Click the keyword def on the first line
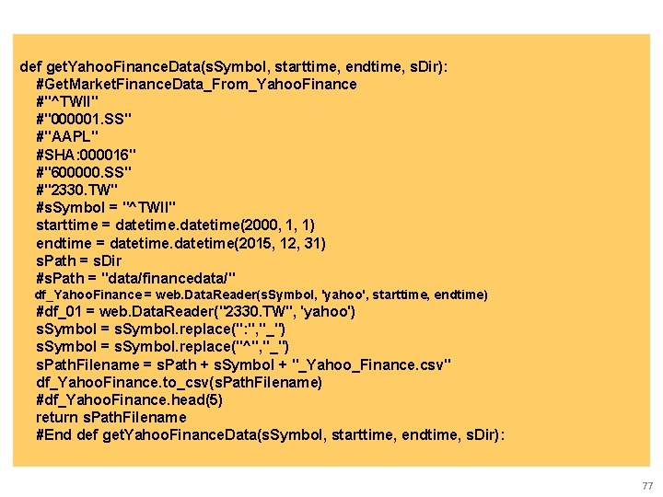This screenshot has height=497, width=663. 30,67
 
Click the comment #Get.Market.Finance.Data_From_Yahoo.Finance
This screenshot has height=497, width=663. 196,85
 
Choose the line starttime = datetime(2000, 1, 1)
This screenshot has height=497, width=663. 175,225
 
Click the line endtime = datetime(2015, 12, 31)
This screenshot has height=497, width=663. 180,243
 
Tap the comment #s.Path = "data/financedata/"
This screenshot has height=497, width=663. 136,278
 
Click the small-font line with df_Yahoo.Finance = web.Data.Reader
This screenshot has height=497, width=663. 261,295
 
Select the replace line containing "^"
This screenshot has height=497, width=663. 163,347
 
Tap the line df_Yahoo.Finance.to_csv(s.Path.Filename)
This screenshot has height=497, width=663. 180,382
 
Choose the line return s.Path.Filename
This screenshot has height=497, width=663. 111,417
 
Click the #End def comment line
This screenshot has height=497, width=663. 270,434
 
